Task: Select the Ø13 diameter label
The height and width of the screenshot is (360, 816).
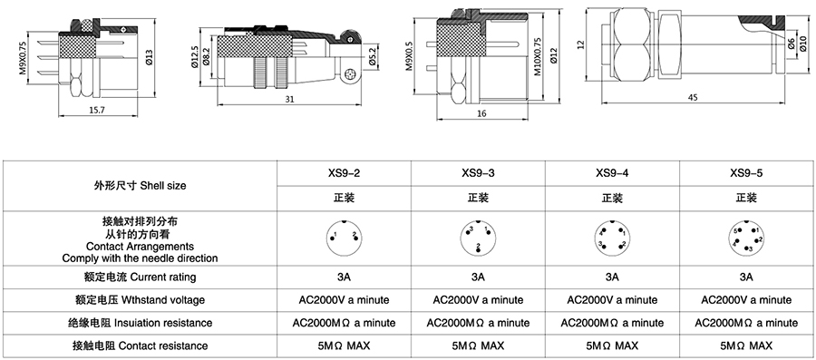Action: pyautogui.click(x=149, y=57)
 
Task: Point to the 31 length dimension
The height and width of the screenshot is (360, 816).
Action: pyautogui.click(x=289, y=100)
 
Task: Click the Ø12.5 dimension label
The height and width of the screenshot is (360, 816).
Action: pyautogui.click(x=194, y=57)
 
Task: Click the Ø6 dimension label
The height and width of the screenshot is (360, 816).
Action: pyautogui.click(x=791, y=44)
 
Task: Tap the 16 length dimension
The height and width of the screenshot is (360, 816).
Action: pyautogui.click(x=482, y=114)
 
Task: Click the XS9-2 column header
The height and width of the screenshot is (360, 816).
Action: pyautogui.click(x=344, y=173)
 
